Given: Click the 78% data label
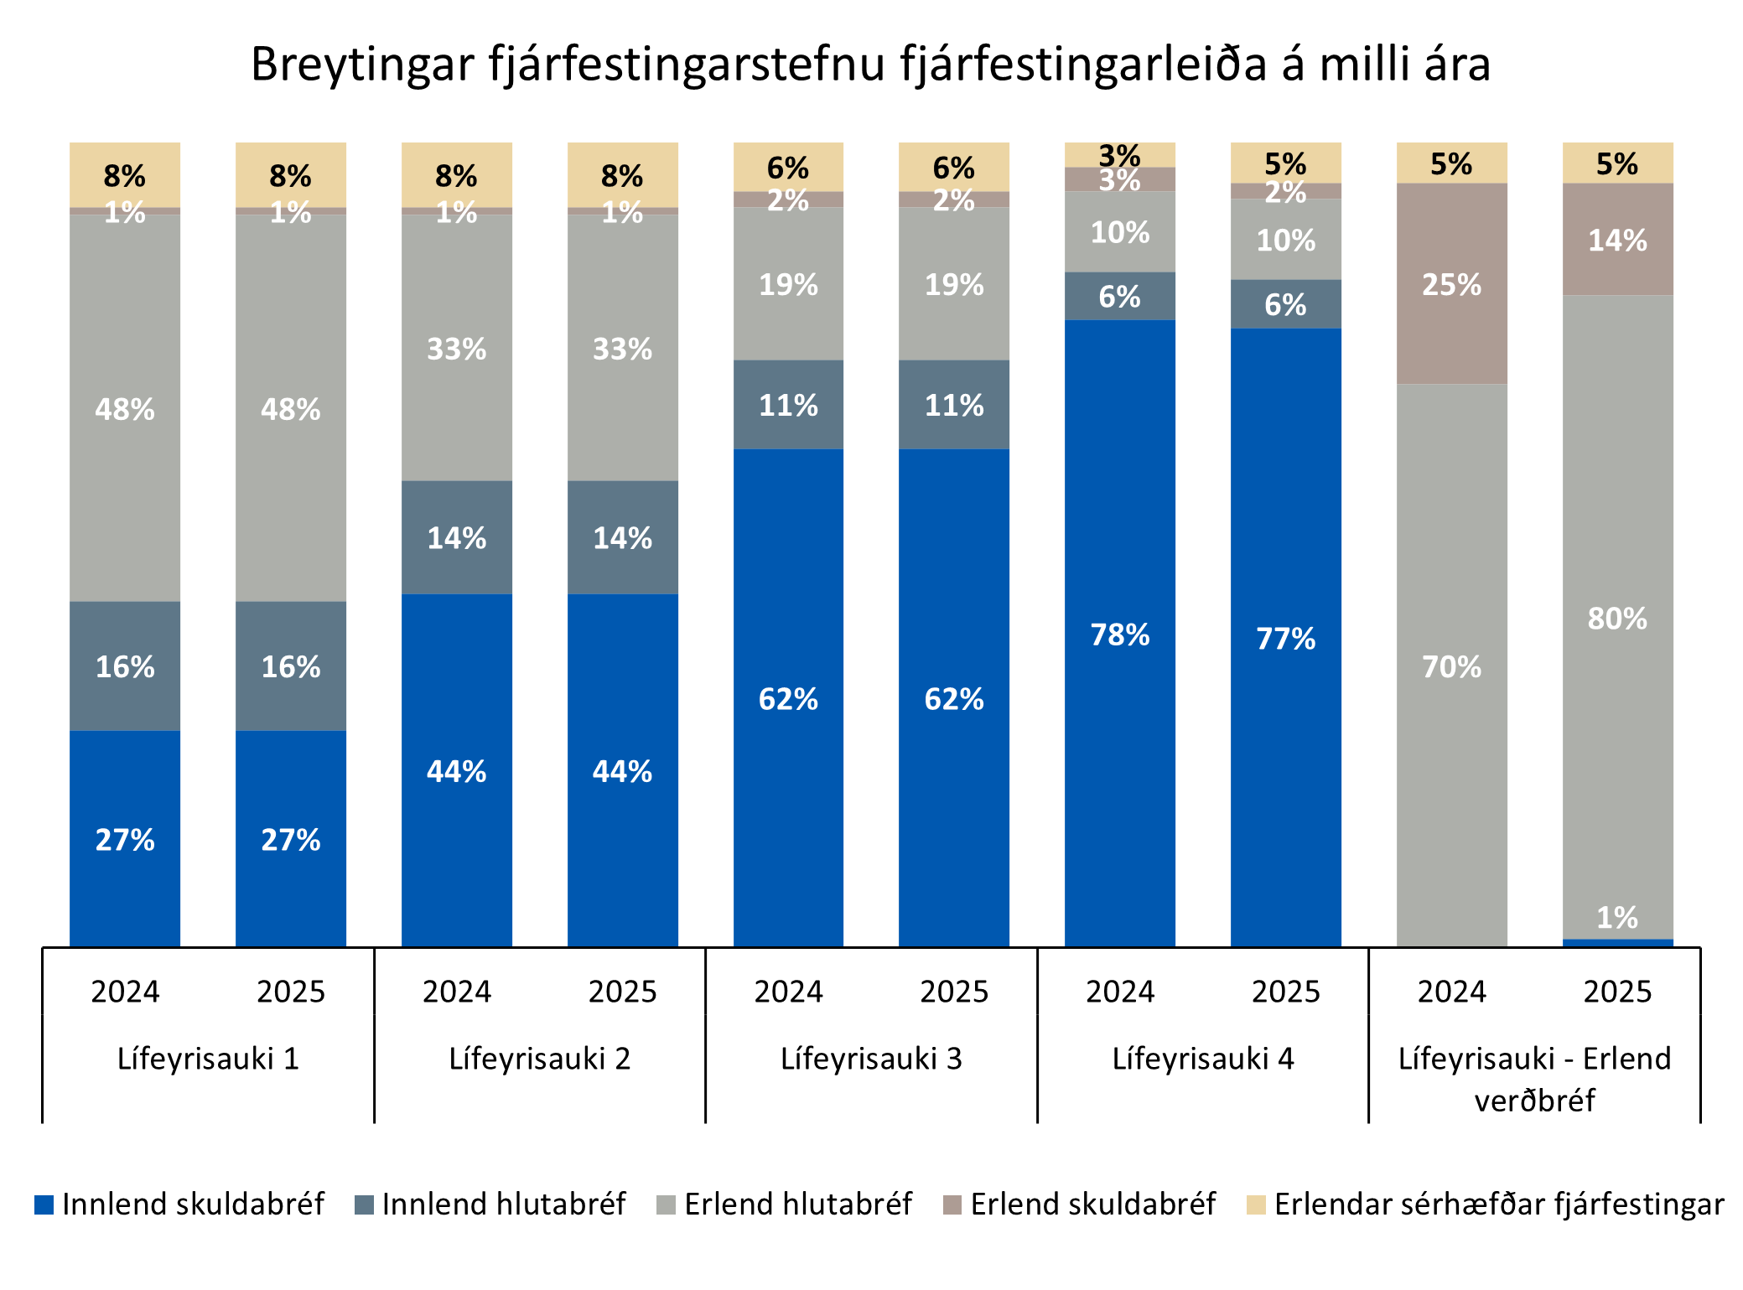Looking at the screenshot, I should [1119, 635].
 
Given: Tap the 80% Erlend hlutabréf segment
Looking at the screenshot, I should [1617, 618].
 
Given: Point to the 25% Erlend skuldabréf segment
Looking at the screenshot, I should [1451, 283].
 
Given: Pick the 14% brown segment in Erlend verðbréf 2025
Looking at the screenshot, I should [1617, 240].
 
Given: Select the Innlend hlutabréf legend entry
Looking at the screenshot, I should [490, 1205].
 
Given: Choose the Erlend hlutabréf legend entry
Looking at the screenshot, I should [784, 1205].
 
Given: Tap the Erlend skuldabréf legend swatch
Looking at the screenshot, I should [952, 1205].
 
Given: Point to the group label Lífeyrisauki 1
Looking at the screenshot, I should [208, 1059].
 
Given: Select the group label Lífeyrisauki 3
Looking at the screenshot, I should [871, 1059].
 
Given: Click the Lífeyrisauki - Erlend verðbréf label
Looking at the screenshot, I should [1534, 1079].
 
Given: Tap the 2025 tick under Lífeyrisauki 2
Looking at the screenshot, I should [622, 992].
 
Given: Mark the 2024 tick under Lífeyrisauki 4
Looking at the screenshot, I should [1119, 992].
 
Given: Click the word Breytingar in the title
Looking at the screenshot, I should [362, 64].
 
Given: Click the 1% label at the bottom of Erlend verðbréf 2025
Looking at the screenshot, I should [1617, 918].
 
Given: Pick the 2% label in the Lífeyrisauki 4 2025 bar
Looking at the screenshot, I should [1285, 192].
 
